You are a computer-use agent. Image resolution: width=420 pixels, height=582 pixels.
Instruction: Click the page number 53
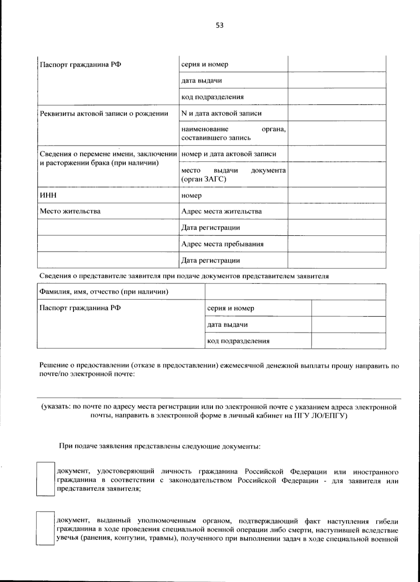[219, 25]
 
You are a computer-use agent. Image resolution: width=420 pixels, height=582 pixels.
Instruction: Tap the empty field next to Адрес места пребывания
[337, 244]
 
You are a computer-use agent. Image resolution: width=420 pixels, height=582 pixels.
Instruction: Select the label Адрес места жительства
[221, 211]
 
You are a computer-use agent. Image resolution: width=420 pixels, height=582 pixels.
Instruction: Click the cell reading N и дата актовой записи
[221, 113]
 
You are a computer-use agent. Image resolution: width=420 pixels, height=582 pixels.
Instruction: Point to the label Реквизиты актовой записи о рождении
[104, 113]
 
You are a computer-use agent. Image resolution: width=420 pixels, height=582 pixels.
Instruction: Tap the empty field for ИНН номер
[337, 195]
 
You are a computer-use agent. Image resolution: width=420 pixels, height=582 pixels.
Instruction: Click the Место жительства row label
[70, 211]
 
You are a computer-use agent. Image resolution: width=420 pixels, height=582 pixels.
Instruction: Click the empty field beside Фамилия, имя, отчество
[295, 292]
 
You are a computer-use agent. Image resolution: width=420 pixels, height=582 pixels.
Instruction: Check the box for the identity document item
[45, 479]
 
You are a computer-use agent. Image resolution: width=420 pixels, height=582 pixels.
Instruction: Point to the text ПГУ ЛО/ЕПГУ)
[320, 416]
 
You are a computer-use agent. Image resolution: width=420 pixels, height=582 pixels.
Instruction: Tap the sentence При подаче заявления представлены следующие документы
[160, 447]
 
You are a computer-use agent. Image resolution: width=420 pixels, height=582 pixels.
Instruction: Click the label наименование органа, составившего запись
[233, 133]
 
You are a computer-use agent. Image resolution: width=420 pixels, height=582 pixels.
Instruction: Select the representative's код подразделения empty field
[348, 341]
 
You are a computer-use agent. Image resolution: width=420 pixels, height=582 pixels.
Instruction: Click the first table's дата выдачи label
[202, 81]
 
